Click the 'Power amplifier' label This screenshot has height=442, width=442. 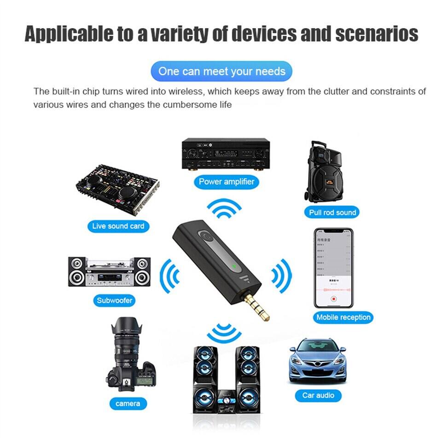[227, 181]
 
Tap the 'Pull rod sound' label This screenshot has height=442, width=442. [333, 212]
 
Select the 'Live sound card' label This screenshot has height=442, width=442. [118, 226]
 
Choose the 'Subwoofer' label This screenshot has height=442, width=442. [115, 301]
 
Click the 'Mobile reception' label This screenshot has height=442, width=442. [343, 317]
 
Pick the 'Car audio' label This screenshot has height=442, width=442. [318, 395]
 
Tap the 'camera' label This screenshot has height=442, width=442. [128, 404]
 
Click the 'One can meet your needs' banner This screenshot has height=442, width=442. [221, 71]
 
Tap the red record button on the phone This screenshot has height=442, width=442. [334, 298]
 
